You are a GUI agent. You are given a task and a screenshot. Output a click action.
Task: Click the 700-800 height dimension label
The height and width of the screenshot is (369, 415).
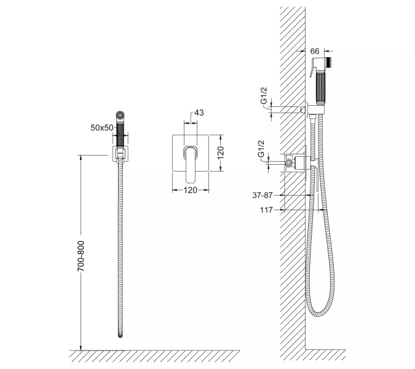[81, 256]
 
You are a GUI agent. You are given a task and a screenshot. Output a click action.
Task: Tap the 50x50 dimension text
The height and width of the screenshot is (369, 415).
[101, 127]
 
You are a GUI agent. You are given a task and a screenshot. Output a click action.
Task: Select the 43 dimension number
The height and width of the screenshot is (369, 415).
[199, 113]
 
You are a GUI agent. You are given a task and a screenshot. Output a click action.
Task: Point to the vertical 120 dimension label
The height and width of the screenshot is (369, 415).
[220, 153]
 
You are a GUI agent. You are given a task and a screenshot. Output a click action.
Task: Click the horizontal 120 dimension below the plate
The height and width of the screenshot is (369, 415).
[191, 190]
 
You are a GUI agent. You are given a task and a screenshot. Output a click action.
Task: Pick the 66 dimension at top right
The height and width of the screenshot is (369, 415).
[315, 51]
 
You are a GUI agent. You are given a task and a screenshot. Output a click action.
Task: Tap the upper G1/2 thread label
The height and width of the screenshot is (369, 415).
[264, 96]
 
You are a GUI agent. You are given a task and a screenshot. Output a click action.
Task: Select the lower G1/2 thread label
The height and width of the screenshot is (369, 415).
[261, 149]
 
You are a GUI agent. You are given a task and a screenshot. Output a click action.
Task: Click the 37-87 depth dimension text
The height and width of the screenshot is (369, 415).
[263, 195]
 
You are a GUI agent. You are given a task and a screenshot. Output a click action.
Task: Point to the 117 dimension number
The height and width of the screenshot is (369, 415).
[266, 210]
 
